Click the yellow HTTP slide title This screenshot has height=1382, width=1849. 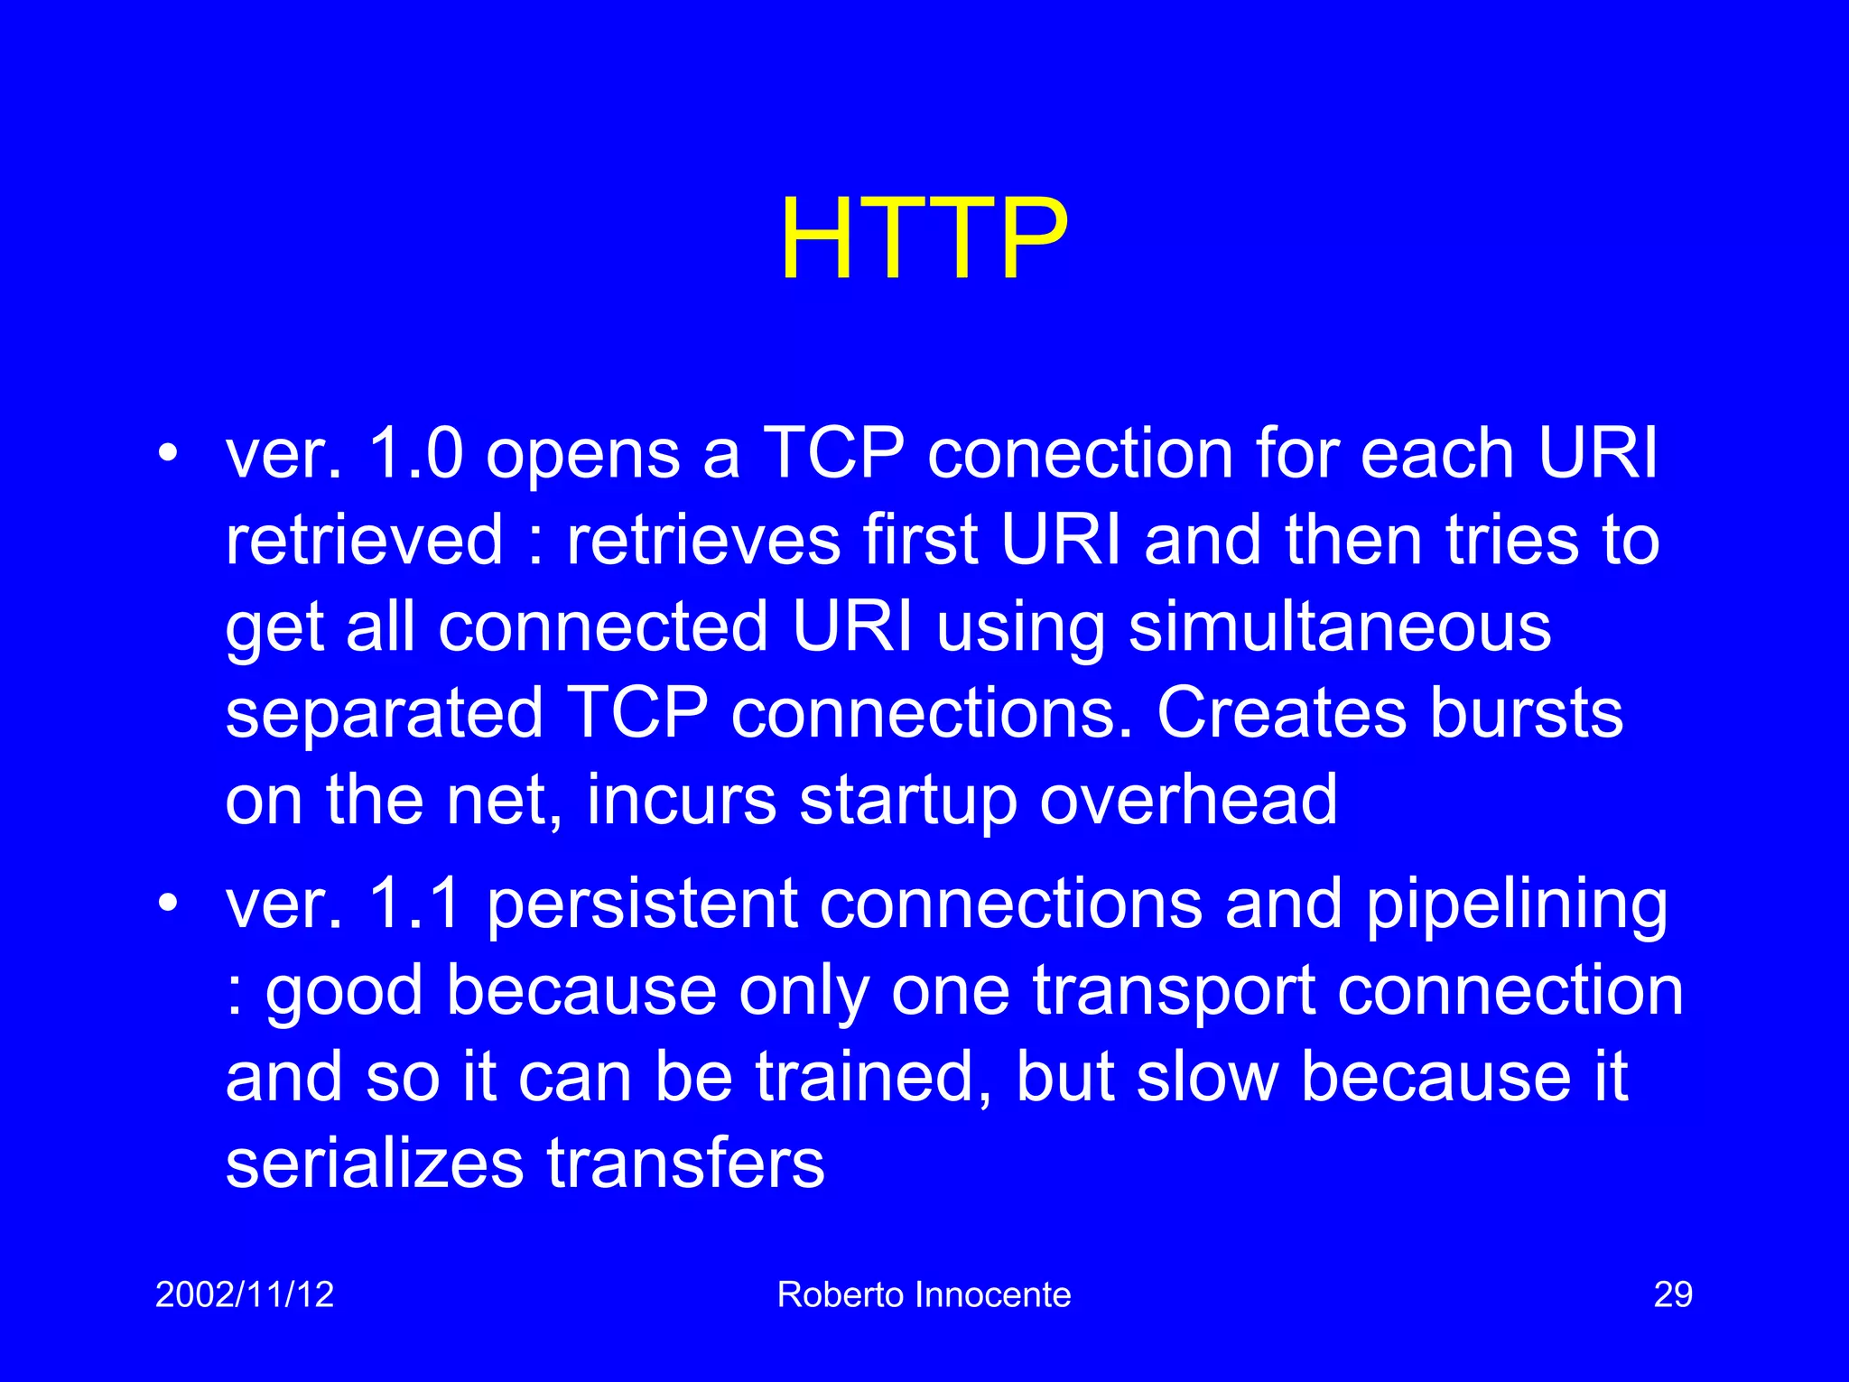924,240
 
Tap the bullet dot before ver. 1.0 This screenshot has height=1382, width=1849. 168,454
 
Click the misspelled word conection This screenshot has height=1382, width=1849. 1080,453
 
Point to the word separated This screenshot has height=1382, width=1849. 384,713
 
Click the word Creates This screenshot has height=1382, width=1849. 1281,713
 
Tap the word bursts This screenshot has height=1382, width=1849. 1527,713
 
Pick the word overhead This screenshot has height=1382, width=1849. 1188,800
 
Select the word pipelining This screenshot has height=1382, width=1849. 1516,905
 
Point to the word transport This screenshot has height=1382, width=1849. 1173,992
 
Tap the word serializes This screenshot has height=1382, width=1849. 374,1164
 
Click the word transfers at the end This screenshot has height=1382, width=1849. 685,1164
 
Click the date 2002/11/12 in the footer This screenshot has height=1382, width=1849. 245,1294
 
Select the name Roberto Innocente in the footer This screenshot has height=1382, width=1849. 924,1294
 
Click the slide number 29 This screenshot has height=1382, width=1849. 1672,1294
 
